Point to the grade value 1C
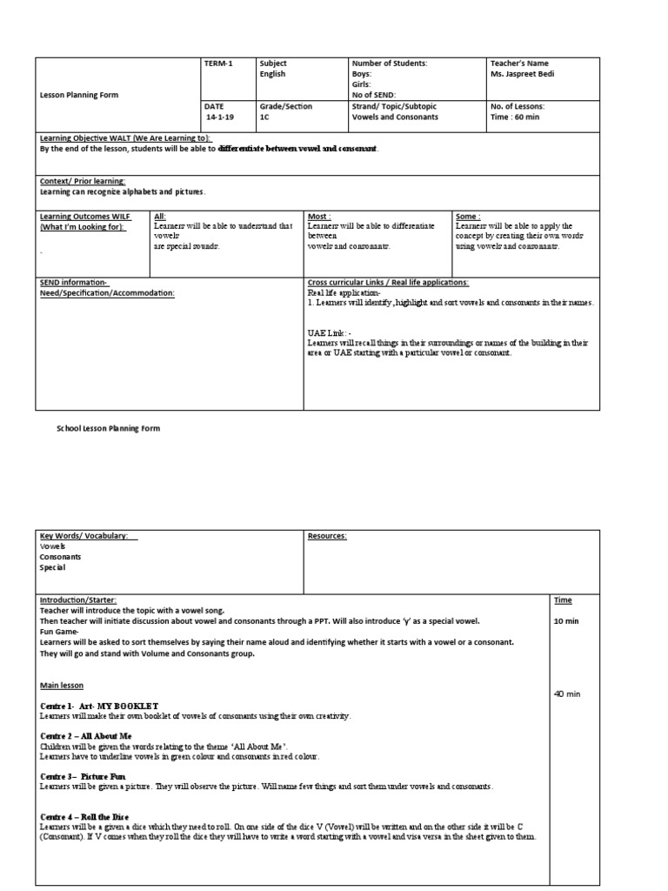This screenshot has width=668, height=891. pyautogui.click(x=264, y=117)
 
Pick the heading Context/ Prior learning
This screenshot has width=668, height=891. pyautogui.click(x=83, y=181)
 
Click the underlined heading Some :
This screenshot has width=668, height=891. pyautogui.click(x=467, y=216)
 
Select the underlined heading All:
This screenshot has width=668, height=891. pyautogui.click(x=159, y=216)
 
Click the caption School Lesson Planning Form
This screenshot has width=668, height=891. pyautogui.click(x=109, y=428)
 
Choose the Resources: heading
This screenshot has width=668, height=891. pyautogui.click(x=327, y=536)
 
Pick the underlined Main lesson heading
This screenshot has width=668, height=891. pyautogui.click(x=62, y=685)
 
